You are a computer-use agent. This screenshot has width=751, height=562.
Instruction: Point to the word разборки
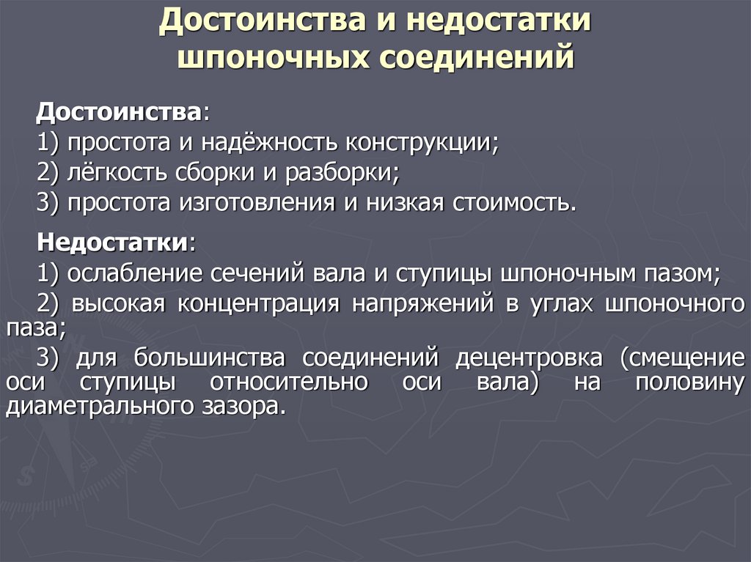pos(347,173)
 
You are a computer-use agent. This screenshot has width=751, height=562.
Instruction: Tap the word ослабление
pos(135,273)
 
